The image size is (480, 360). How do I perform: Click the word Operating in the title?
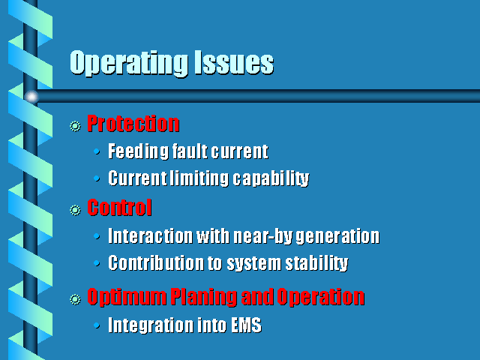(x=128, y=63)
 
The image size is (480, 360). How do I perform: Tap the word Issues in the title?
(x=233, y=62)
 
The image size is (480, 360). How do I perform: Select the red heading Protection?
(x=133, y=123)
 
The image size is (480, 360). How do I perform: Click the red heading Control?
(x=119, y=208)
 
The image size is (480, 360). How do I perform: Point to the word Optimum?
(x=127, y=297)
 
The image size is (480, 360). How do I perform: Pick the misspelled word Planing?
(x=203, y=297)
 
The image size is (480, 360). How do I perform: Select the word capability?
(x=271, y=178)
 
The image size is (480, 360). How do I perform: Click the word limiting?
(x=199, y=178)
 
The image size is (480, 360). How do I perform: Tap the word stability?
(x=316, y=263)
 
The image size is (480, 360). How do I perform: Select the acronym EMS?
(x=246, y=325)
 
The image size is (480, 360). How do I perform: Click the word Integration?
(x=150, y=325)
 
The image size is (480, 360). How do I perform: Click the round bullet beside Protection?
(x=75, y=126)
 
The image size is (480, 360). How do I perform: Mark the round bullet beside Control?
(x=75, y=210)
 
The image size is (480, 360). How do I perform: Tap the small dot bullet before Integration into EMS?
(x=97, y=325)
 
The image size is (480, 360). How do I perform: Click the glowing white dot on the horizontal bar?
(x=31, y=97)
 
